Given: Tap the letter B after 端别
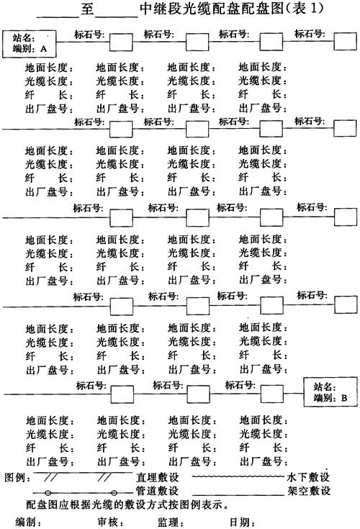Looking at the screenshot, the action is tap(344, 398).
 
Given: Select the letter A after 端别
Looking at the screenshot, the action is tap(43, 49).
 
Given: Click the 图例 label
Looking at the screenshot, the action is tap(15, 478).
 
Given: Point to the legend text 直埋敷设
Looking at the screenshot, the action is tap(157, 477).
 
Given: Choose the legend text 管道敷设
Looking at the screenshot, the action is tap(157, 491).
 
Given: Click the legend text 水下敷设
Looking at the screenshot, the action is tap(308, 477).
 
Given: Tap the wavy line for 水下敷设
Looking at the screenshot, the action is tap(238, 476).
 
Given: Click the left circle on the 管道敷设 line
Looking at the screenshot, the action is tap(48, 493).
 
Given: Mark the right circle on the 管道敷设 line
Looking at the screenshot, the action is tap(114, 493).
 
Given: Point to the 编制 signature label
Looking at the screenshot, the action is tap(25, 523).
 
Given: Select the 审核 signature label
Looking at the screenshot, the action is tap(107, 523).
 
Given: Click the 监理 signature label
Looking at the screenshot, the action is tap(167, 523).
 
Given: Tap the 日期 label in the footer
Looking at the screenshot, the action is tap(239, 523).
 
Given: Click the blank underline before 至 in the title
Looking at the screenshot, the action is tap(58, 16).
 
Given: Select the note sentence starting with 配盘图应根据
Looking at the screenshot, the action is tap(127, 505).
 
